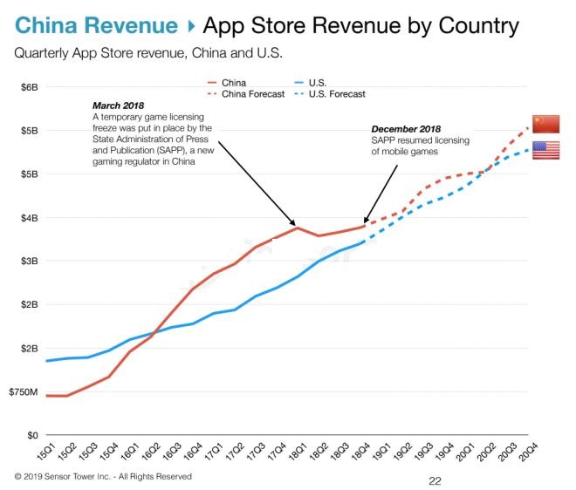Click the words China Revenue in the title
[x=96, y=24]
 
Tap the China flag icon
[x=545, y=124]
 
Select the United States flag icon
[x=545, y=150]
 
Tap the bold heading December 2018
[x=407, y=128]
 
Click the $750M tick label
[x=24, y=391]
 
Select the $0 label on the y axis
[x=31, y=434]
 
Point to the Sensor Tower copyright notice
[x=103, y=477]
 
